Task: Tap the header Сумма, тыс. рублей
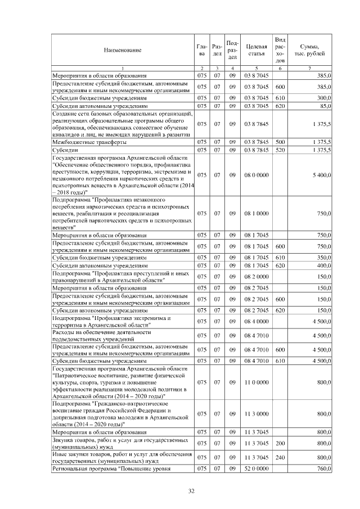point(310,50)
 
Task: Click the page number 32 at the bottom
point(191,491)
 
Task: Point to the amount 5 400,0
point(321,175)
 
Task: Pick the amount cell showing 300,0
point(323,97)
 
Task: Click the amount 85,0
point(325,105)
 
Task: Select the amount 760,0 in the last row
point(323,469)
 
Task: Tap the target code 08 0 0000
point(256,175)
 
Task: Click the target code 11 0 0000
point(256,382)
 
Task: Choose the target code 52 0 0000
point(256,469)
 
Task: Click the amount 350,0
point(323,257)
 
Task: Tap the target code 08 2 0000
point(256,276)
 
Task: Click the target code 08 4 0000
point(256,322)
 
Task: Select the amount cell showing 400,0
point(323,265)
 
